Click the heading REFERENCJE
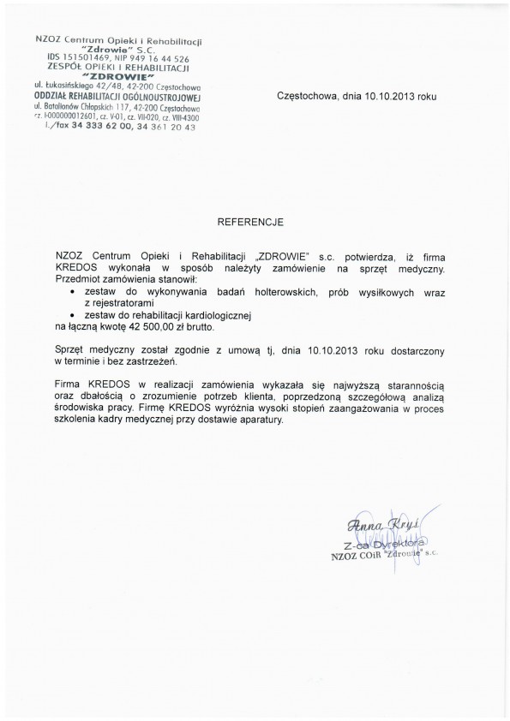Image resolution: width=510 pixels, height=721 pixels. coord(255,220)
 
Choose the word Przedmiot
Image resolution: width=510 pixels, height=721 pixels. coord(78,279)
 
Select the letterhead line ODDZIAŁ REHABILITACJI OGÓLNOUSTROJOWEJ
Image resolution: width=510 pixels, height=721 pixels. coord(116,96)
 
